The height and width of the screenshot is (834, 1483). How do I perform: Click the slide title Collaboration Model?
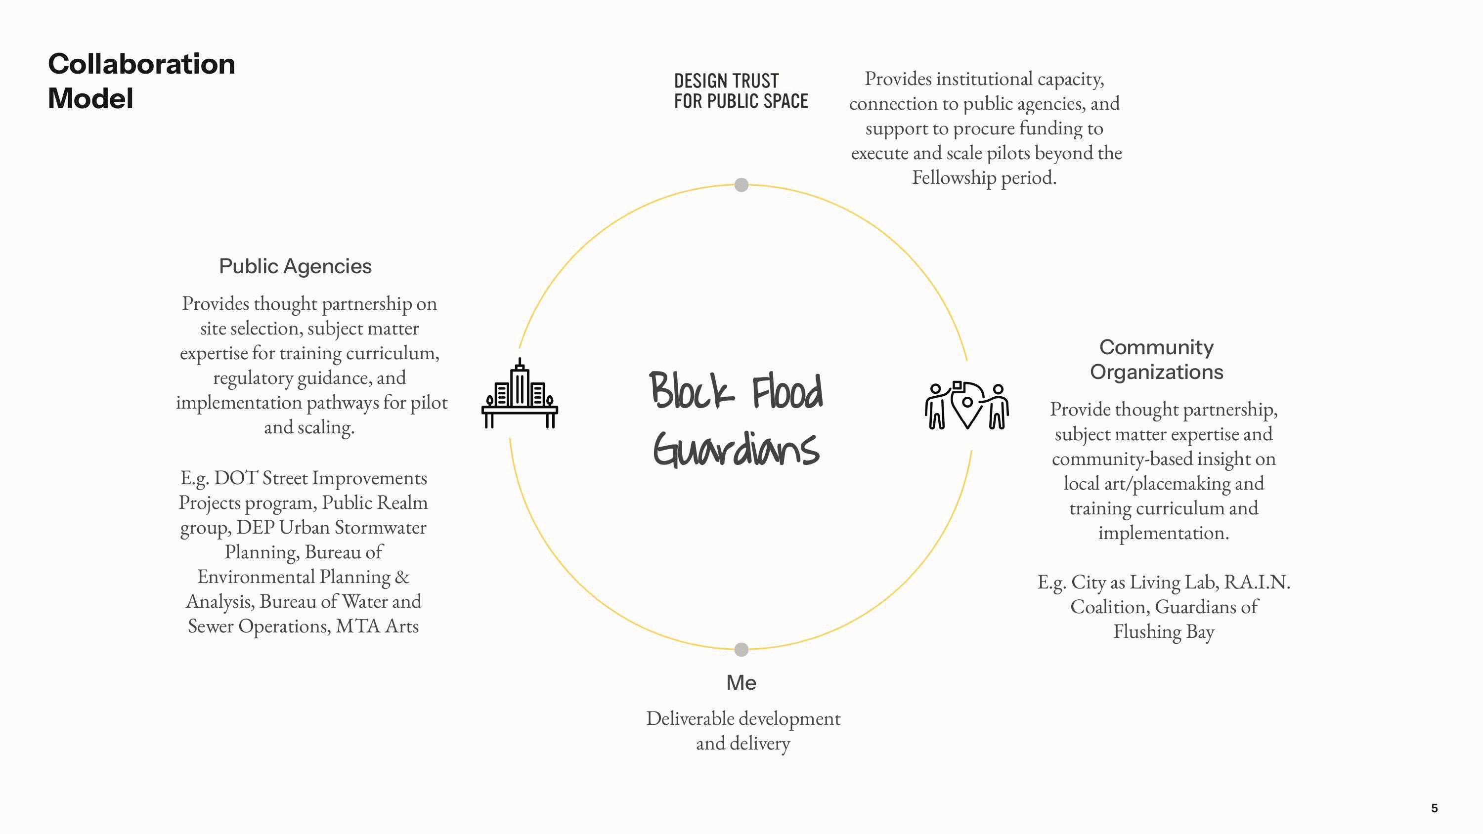[141, 81]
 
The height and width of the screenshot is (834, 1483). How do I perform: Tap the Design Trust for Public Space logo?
[741, 91]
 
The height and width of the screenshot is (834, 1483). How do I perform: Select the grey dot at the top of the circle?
[741, 185]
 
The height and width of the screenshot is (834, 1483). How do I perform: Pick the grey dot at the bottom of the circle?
[741, 649]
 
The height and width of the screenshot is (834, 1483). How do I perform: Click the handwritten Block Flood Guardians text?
[737, 418]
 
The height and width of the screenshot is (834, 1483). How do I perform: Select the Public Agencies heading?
[295, 266]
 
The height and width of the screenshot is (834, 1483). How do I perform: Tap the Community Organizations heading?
[1157, 359]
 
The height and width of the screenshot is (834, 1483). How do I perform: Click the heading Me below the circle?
[741, 683]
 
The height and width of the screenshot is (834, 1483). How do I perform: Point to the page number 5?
[1434, 808]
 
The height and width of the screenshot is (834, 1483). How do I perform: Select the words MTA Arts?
[377, 625]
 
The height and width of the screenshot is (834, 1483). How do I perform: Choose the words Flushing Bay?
[1164, 632]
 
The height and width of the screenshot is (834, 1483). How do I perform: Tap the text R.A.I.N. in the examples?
[1257, 582]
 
